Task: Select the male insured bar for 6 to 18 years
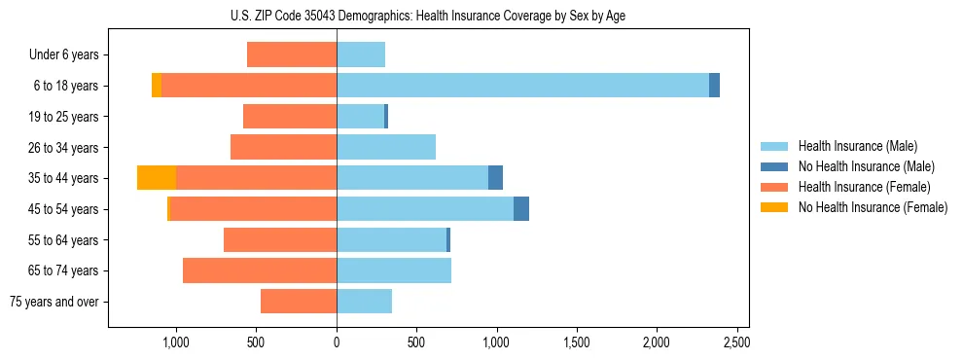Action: [x=522, y=86]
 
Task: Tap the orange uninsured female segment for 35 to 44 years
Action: [x=157, y=178]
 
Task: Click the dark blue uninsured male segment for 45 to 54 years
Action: [x=521, y=209]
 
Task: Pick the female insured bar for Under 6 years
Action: [x=292, y=54]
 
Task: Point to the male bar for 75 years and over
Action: [x=364, y=302]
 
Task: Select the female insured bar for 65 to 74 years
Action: [x=260, y=270]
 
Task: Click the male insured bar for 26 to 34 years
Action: [x=386, y=147]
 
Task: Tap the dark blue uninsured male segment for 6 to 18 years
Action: [x=714, y=86]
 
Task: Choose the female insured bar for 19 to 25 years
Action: [x=290, y=117]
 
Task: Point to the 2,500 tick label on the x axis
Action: [x=736, y=342]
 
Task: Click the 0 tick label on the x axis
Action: [x=337, y=342]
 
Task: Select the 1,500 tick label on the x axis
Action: [x=577, y=342]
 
